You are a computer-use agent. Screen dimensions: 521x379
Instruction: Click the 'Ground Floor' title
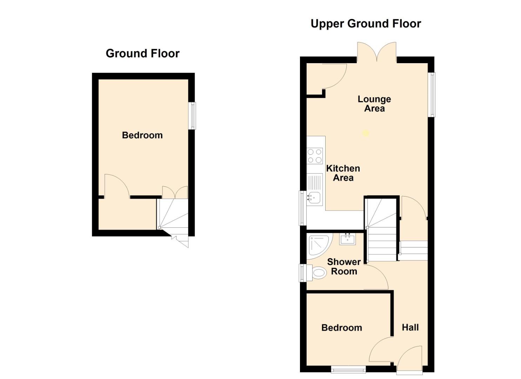click(x=142, y=53)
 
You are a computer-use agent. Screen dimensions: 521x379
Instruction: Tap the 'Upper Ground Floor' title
click(x=366, y=24)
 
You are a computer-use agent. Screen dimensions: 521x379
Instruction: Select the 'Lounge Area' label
click(x=374, y=104)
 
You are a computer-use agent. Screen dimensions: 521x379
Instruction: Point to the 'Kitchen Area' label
click(x=343, y=173)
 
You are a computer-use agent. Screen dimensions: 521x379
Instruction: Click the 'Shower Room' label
click(x=344, y=267)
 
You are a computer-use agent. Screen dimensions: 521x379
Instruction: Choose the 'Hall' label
click(x=410, y=327)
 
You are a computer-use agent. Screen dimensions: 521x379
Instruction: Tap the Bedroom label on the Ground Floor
click(x=142, y=135)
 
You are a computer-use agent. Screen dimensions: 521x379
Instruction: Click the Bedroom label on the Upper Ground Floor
click(x=342, y=328)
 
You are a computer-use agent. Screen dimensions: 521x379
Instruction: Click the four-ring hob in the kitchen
click(x=315, y=156)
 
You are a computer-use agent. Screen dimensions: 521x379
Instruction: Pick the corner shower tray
click(x=319, y=246)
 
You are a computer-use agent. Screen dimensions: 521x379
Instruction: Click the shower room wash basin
click(x=347, y=239)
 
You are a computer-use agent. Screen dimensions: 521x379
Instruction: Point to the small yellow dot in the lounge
click(x=366, y=133)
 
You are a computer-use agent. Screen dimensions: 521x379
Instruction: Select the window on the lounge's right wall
click(x=432, y=94)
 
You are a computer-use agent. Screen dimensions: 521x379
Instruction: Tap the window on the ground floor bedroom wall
click(x=193, y=116)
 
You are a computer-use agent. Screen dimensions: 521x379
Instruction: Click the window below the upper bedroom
click(x=348, y=369)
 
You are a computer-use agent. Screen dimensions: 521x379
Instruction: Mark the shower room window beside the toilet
click(x=302, y=273)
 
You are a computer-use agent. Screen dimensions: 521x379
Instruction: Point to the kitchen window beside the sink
click(x=302, y=208)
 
